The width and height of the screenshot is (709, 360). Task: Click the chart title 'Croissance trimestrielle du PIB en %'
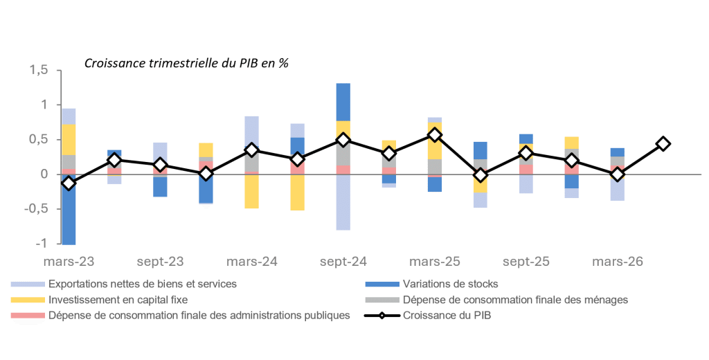tap(186, 63)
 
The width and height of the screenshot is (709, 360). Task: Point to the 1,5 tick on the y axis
tap(39, 70)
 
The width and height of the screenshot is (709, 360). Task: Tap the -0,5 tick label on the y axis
tap(36, 209)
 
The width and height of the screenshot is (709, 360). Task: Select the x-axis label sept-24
tap(343, 262)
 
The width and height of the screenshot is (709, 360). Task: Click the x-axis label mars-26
tap(617, 262)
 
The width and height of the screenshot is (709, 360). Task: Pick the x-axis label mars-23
tap(69, 262)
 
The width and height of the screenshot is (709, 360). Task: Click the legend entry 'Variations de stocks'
tap(450, 284)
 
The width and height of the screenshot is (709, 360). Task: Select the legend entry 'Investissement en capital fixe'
tap(118, 299)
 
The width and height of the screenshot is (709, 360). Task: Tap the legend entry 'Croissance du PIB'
tap(447, 315)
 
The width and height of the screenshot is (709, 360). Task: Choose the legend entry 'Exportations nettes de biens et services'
tap(143, 284)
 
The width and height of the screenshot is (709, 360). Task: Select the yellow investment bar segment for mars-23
tap(69, 140)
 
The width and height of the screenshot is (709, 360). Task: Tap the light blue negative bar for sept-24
tap(343, 202)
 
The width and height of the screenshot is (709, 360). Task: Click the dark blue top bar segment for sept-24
tap(343, 102)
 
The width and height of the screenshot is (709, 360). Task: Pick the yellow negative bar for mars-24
tap(252, 191)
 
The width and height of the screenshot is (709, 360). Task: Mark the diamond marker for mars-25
tap(435, 135)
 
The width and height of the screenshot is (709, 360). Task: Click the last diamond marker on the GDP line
tap(663, 144)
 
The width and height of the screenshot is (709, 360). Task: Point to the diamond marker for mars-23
tap(69, 183)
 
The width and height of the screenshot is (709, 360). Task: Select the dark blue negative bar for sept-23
tap(161, 187)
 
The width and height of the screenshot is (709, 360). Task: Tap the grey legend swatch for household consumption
tap(382, 299)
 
